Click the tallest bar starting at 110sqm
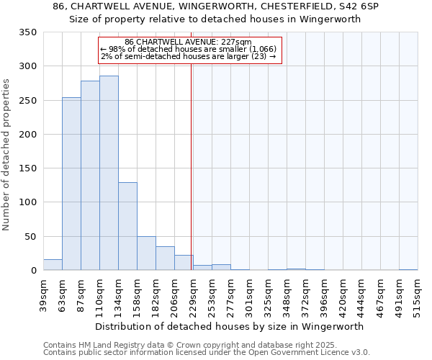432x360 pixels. coord(109,173)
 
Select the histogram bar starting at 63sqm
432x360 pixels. coord(71,184)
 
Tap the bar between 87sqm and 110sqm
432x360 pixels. coord(90,176)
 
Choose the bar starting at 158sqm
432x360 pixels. coord(146,253)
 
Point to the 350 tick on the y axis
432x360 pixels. coord(28,32)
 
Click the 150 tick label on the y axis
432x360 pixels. coord(28,168)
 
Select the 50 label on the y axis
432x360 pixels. coord(31,236)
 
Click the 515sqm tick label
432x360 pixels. coord(418,295)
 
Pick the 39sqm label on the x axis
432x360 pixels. coord(43,294)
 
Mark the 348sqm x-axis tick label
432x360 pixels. coord(287,295)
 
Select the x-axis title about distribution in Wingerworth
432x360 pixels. coord(229,326)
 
